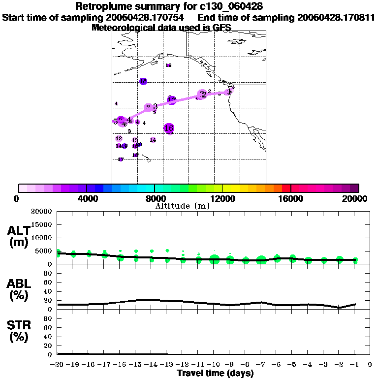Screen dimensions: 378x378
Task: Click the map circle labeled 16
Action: pyautogui.click(x=169, y=128)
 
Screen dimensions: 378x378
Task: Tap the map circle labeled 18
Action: pyautogui.click(x=143, y=81)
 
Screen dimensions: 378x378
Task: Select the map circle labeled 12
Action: pyautogui.click(x=171, y=100)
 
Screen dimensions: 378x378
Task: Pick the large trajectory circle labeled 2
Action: pyautogui.click(x=202, y=94)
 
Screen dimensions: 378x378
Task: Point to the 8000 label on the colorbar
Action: pyautogui.click(x=155, y=198)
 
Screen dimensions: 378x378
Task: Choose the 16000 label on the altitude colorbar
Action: pyautogui.click(x=291, y=198)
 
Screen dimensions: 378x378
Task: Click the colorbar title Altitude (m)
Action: pyautogui.click(x=182, y=206)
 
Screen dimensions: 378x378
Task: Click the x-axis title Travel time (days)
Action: pyautogui.click(x=215, y=373)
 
